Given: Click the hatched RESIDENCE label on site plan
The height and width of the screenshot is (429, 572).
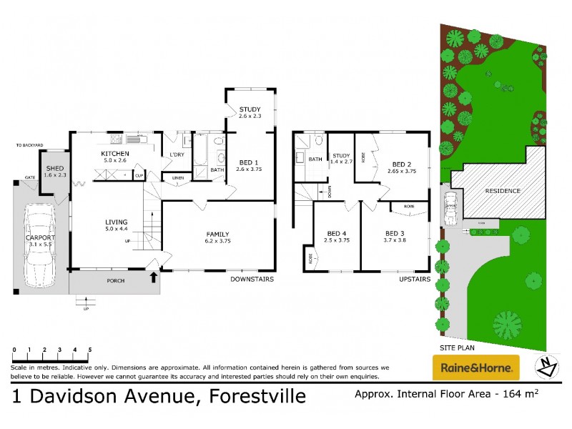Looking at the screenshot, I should (x=503, y=191).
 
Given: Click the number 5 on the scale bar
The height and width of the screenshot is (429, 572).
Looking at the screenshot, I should (x=89, y=350).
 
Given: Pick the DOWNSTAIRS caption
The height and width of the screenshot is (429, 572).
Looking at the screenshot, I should (x=252, y=279).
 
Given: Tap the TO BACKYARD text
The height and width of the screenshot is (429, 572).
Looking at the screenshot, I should (x=30, y=145).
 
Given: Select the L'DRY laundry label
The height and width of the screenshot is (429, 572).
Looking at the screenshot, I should (x=177, y=155).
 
